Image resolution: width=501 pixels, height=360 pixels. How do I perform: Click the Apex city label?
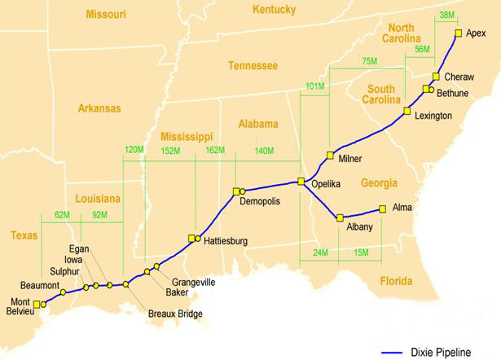tap(476, 33)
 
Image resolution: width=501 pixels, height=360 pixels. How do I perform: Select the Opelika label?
tap(326, 184)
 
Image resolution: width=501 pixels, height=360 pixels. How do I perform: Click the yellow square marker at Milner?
tap(330, 155)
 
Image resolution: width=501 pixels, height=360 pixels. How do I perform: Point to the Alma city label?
tap(402, 208)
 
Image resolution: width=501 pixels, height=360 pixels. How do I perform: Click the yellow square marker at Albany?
tap(340, 217)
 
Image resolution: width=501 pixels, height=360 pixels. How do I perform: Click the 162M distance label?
tap(215, 151)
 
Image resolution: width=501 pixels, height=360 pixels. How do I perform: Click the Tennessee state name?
tap(253, 65)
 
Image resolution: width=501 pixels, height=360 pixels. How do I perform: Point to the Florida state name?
tap(397, 282)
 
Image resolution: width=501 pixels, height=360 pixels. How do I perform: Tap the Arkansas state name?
tap(99, 108)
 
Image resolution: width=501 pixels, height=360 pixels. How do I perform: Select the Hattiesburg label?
tap(226, 241)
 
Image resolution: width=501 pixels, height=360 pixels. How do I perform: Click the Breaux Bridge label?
tap(175, 314)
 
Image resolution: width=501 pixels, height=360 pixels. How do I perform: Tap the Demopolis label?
tap(261, 201)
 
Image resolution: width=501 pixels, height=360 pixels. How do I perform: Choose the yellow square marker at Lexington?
tap(407, 110)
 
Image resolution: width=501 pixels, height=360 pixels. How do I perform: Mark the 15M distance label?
tap(360, 252)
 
